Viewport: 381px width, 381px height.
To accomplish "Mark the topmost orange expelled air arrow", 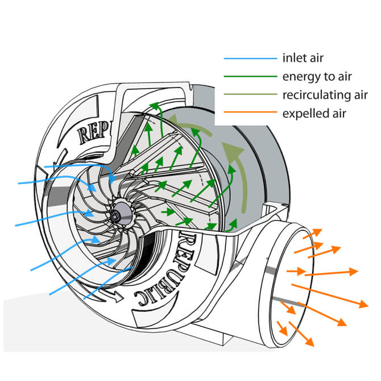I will click(312, 234).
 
